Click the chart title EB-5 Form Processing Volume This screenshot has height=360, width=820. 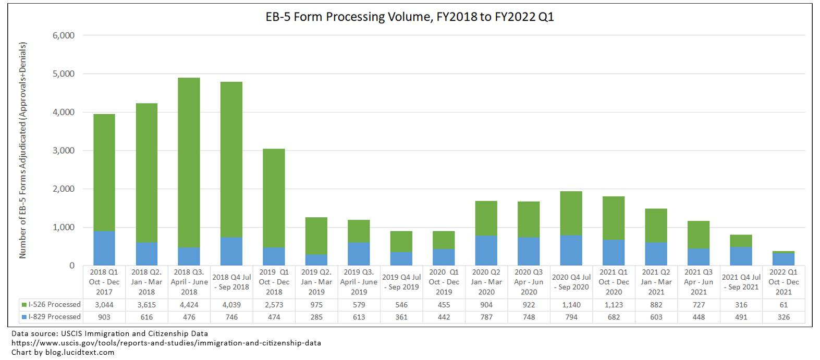point(409,17)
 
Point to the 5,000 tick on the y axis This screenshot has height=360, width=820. point(64,74)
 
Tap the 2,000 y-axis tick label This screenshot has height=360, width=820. point(64,189)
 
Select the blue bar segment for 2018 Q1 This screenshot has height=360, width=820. point(104,248)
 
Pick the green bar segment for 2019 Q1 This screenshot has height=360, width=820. point(274,198)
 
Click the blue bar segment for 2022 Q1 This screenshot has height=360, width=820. point(784,259)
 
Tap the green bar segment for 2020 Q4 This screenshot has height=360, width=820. point(571,214)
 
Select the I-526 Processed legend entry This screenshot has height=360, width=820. point(51,305)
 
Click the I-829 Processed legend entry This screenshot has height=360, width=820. point(51,317)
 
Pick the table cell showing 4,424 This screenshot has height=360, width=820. point(189,305)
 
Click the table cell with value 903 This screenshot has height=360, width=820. point(104,317)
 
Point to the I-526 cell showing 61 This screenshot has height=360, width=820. point(784,305)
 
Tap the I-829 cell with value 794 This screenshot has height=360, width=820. point(571,317)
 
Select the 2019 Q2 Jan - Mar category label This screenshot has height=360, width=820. point(316,282)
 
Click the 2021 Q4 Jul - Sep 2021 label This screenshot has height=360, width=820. point(741,282)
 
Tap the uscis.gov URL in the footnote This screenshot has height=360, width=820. point(166,343)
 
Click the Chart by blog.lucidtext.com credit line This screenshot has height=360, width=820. point(63,352)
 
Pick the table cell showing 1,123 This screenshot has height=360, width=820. point(614,305)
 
